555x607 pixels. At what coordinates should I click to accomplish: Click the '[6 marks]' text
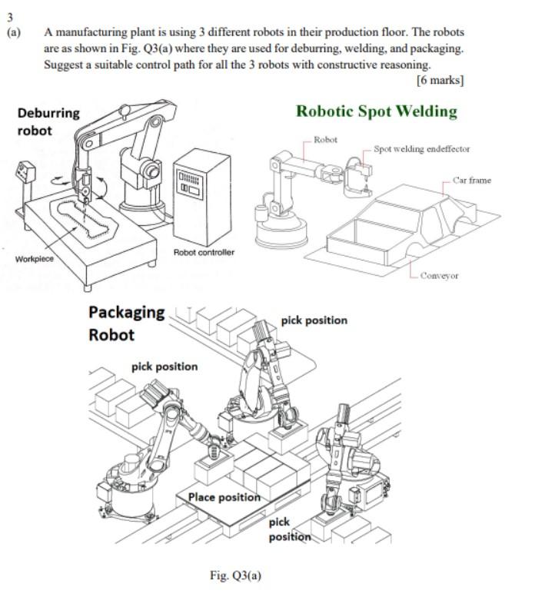(440, 80)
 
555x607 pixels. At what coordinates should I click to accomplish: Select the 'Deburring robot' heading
(48, 121)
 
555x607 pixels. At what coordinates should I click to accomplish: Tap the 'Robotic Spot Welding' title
(377, 111)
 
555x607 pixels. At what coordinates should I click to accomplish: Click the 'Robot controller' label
(204, 252)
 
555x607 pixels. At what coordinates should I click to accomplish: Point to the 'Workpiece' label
(35, 258)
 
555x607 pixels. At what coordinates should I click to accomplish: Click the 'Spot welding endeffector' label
(421, 149)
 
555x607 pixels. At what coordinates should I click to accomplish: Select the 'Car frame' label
(471, 180)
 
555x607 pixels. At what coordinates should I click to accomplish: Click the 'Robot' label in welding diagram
(326, 140)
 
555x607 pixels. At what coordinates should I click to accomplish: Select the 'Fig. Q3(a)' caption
(235, 575)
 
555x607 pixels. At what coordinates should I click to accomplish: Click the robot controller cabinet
(202, 195)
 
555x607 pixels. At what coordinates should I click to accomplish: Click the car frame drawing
(407, 223)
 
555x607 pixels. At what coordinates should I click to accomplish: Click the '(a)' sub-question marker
(14, 33)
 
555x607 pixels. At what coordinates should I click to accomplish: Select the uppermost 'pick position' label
(314, 320)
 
